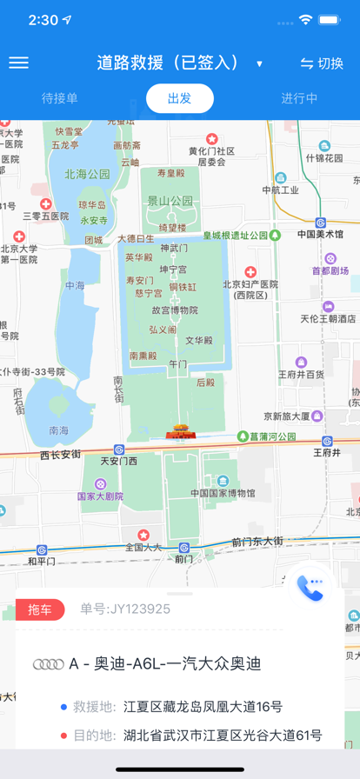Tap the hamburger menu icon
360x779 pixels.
pos(18,63)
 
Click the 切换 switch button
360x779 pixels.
pos(321,63)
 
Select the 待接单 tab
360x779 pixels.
pos(60,98)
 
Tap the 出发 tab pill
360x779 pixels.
pos(180,98)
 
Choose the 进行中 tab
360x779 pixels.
pos(299,98)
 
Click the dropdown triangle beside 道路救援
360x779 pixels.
pos(259,64)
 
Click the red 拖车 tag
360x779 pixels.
pos(40,609)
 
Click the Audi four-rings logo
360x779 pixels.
pos(49,664)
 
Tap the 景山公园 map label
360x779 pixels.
pos(170,200)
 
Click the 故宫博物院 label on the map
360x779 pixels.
pos(175,310)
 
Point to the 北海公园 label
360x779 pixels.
pos(87,174)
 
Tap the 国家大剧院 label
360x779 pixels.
pos(100,496)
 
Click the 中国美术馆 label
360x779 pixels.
pos(320,234)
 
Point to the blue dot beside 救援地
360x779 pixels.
pos(63,707)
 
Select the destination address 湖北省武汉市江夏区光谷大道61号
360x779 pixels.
pos(223,736)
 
